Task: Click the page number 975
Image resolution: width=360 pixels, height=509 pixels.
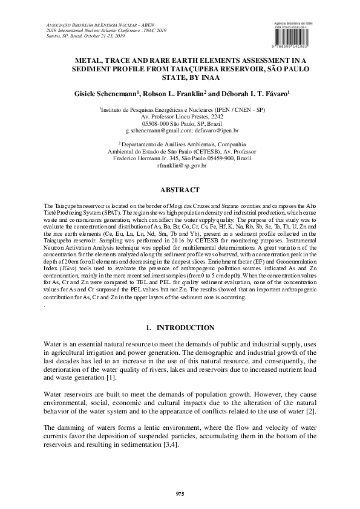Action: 180,495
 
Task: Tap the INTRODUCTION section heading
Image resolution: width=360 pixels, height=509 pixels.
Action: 186,328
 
